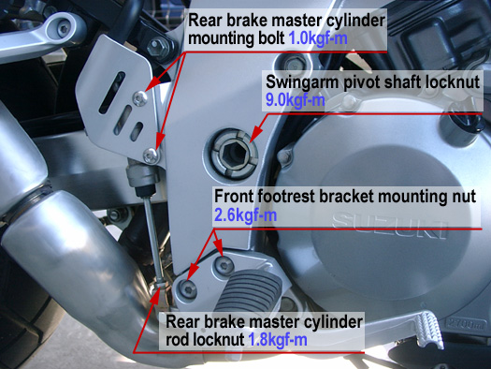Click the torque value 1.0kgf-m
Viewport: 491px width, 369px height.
click(x=318, y=38)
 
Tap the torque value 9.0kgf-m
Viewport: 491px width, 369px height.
click(x=295, y=100)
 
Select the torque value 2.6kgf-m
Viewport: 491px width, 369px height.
click(x=245, y=215)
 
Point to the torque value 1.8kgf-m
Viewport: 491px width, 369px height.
click(x=278, y=340)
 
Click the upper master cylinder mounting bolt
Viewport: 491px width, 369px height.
click(x=140, y=98)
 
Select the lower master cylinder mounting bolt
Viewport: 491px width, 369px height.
click(x=152, y=155)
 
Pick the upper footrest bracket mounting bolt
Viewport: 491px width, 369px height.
click(x=224, y=266)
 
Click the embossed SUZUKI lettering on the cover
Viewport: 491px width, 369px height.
click(x=390, y=226)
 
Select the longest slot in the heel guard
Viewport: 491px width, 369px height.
click(x=112, y=93)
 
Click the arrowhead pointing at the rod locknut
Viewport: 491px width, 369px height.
click(x=157, y=294)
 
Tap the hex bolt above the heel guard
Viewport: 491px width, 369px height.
click(x=158, y=48)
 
